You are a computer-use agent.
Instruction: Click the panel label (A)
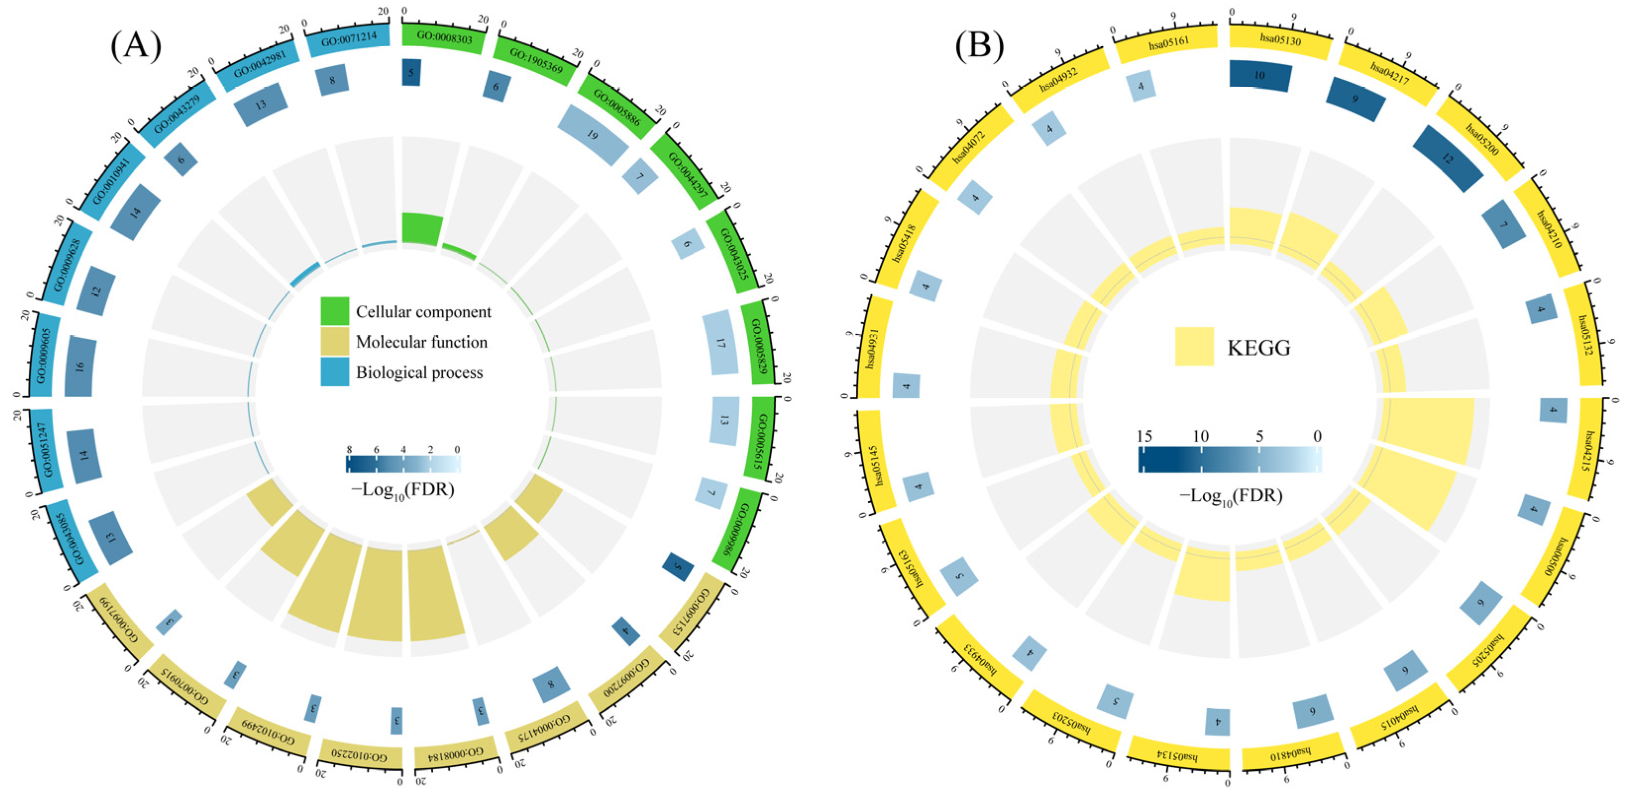point(136,46)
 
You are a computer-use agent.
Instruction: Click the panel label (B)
point(979,46)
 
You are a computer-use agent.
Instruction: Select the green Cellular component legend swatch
point(334,311)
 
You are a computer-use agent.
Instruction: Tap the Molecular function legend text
point(421,342)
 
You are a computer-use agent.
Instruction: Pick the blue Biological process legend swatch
point(334,372)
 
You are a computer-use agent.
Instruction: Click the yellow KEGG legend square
point(1193,346)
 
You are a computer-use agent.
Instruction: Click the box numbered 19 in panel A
point(592,134)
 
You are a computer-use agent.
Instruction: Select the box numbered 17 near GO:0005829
point(720,343)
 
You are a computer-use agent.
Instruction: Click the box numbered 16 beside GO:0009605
point(80,367)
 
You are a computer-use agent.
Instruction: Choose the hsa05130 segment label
point(1280,40)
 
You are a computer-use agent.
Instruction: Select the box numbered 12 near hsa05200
point(1446,158)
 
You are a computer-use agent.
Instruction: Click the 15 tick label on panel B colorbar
point(1144,436)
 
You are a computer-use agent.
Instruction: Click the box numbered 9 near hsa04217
point(1355,99)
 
